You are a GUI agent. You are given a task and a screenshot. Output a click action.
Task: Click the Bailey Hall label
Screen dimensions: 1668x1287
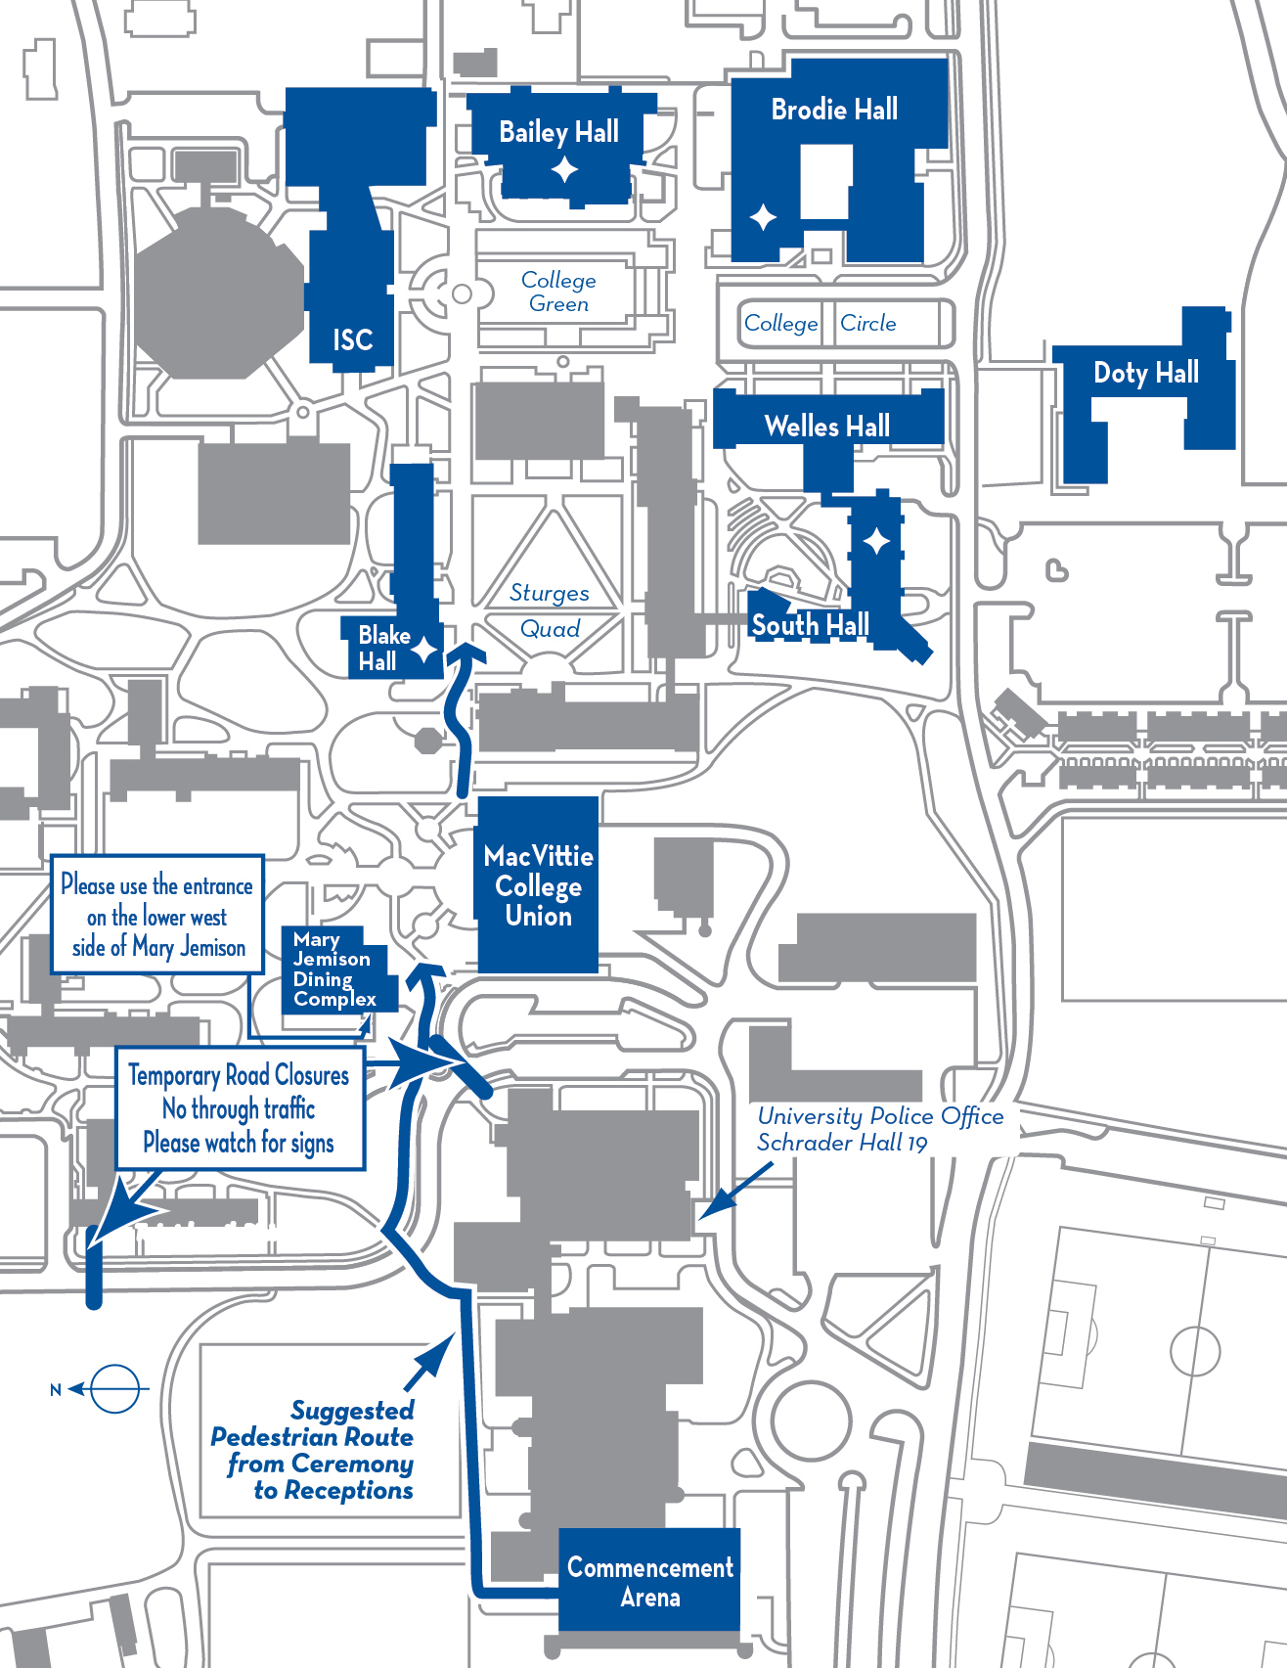coord(558,132)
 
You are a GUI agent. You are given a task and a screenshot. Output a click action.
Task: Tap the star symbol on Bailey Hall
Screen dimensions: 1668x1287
coord(564,170)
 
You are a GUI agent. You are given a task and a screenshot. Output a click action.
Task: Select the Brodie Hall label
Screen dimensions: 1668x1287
coord(834,110)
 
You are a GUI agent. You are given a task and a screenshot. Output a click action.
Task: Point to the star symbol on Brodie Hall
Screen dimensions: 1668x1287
coord(763,217)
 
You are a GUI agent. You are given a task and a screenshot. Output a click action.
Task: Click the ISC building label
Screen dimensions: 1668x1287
coord(352,339)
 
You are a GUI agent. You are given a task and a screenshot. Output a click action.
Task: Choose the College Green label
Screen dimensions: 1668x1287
coord(558,292)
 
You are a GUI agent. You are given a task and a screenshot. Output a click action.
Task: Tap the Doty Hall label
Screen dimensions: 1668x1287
coord(1145,373)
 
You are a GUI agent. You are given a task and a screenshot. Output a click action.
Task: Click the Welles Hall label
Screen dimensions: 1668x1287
coord(827,427)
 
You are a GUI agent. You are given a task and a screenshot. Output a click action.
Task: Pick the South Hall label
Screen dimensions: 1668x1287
coord(810,624)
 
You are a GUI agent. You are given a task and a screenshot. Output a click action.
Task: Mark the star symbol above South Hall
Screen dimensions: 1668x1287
coord(876,540)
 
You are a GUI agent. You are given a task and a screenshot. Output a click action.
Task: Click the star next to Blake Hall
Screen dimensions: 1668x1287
coord(423,649)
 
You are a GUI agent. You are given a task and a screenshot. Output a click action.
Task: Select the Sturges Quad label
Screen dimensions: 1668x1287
coord(550,610)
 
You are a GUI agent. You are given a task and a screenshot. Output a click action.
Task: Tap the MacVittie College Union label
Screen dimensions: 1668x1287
coord(538,886)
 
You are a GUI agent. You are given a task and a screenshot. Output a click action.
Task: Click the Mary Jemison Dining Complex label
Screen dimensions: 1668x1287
coord(333,969)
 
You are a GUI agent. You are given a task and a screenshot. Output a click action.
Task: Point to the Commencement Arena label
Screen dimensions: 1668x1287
coord(649,1582)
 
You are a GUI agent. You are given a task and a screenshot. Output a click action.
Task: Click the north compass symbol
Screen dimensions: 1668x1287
coord(112,1388)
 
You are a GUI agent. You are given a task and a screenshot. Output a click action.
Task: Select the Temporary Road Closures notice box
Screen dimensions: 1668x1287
coord(240,1108)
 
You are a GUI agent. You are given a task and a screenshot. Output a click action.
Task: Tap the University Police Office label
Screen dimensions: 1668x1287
coord(880,1129)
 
